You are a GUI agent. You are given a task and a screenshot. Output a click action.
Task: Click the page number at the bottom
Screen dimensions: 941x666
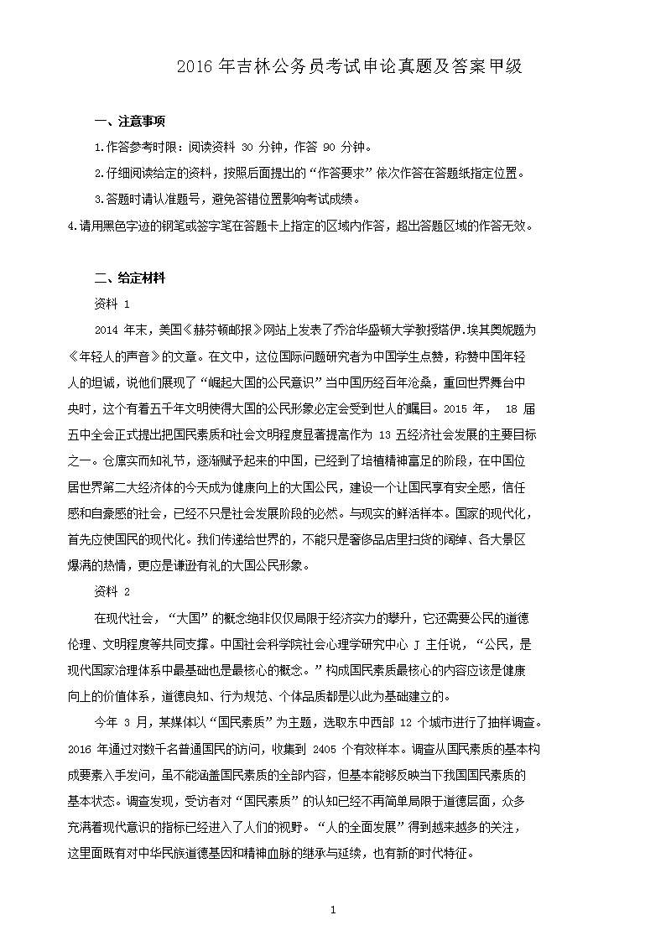click(333, 910)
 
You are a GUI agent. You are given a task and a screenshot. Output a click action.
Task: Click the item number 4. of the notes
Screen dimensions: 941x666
click(72, 226)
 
